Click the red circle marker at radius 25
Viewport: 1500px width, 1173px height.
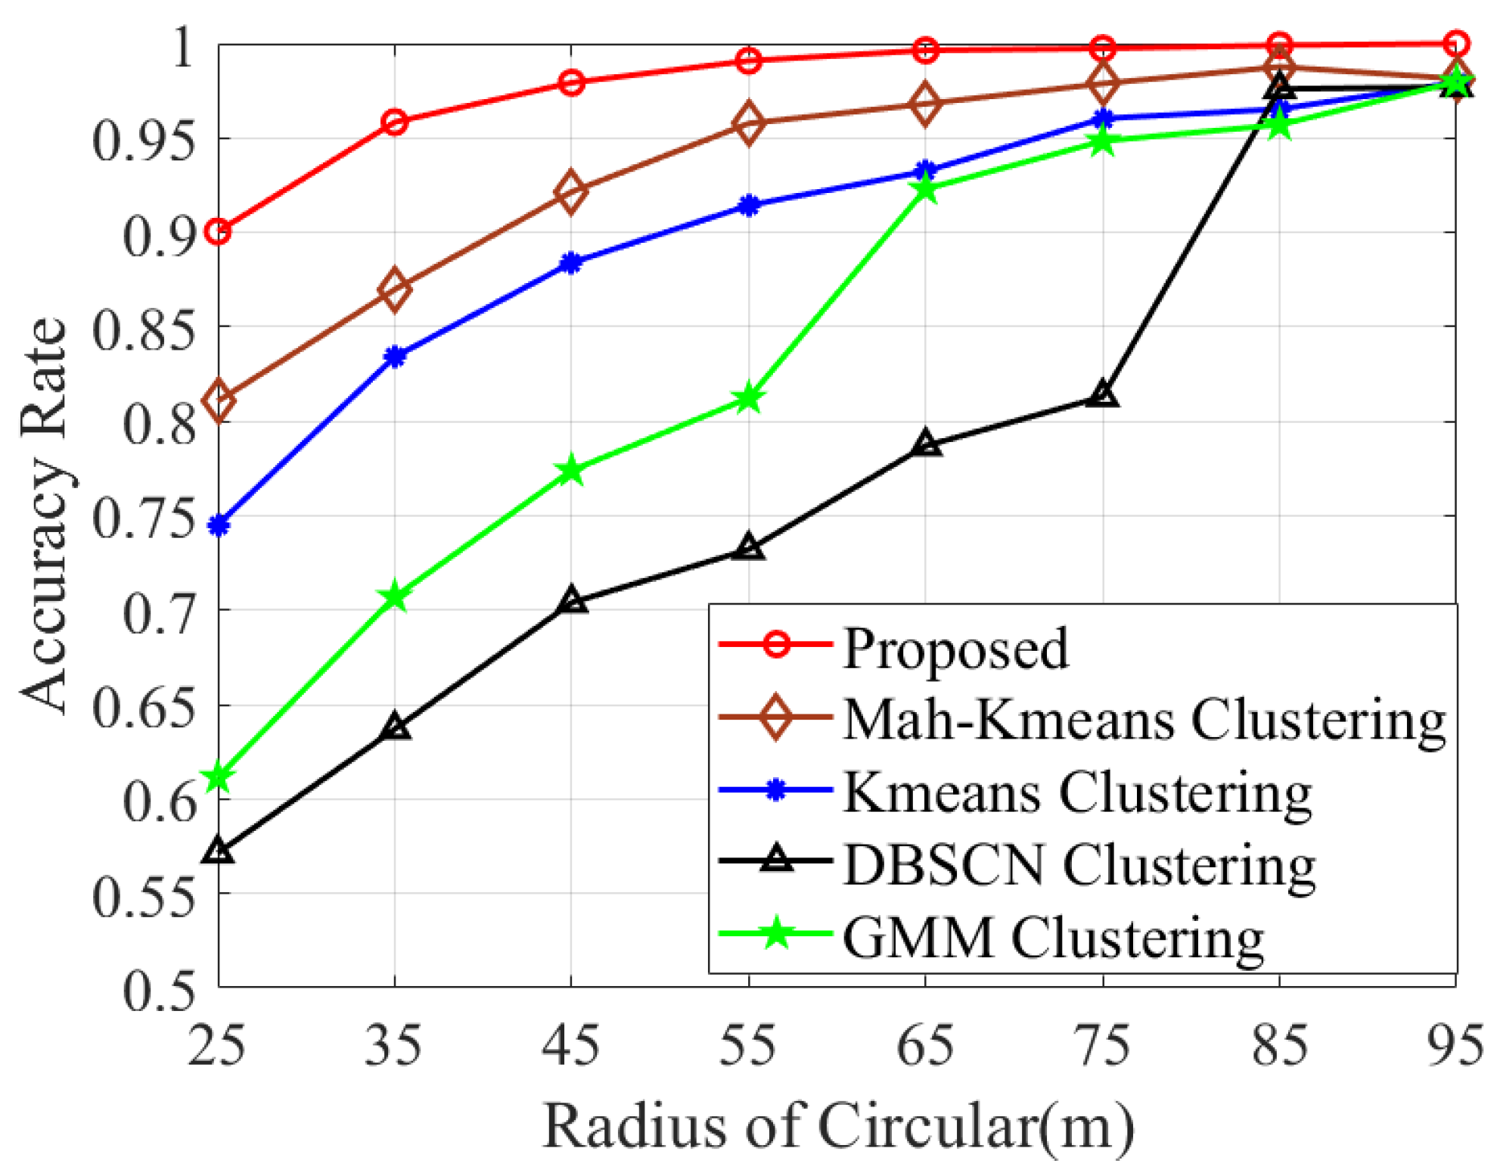coord(219,232)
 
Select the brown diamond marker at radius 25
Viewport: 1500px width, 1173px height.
coord(219,400)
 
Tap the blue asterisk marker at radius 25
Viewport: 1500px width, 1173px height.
coord(219,525)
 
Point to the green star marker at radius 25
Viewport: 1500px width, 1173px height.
coord(219,777)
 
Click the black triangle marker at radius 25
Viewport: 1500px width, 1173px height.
coord(219,851)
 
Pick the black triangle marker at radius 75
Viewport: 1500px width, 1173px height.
coord(1103,395)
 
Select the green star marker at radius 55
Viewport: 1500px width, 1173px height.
coord(749,398)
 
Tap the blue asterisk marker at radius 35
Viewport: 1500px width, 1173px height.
coord(395,356)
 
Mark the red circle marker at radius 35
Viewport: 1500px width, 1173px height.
coord(395,122)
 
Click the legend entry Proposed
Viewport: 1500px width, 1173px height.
coord(955,648)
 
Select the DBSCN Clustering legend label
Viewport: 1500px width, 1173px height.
coord(1079,865)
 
